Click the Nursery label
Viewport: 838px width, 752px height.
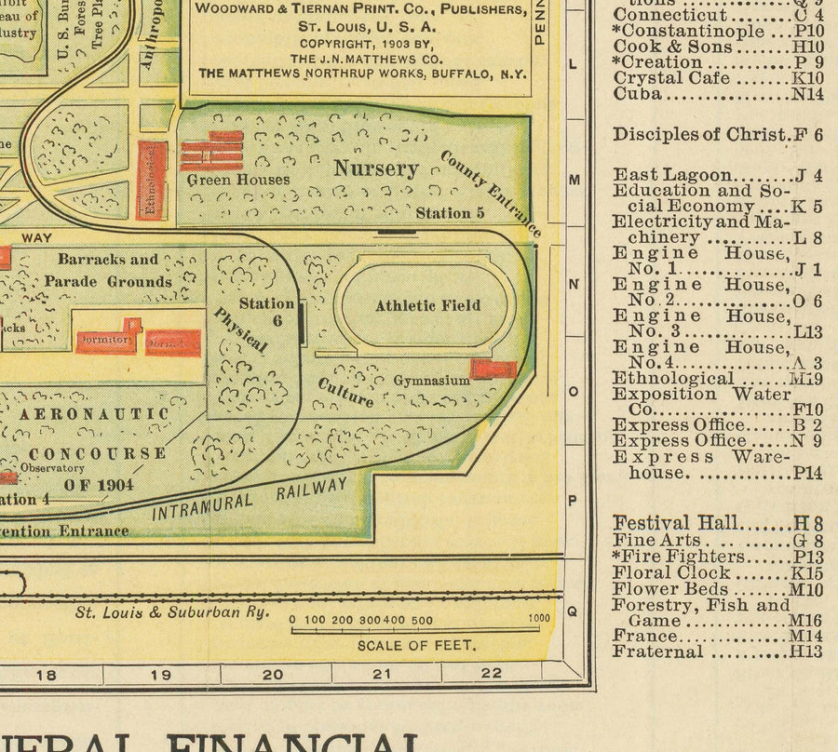pos(376,168)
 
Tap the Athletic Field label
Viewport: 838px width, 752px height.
pos(427,305)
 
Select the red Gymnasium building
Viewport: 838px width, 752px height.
pos(493,369)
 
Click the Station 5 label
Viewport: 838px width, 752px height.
pos(450,213)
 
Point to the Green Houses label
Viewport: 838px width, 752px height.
pos(237,180)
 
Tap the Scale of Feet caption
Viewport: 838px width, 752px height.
pos(416,645)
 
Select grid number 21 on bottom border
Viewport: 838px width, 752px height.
pos(381,674)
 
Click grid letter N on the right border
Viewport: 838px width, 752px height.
pos(573,283)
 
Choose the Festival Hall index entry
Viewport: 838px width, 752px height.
pos(717,524)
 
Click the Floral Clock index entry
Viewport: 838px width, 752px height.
pos(717,572)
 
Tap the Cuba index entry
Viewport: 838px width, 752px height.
pos(717,94)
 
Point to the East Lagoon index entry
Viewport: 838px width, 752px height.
pos(717,175)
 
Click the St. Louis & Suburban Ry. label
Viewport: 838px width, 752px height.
pos(172,612)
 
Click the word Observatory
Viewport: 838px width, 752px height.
pos(52,468)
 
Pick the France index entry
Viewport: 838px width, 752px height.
pos(717,637)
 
